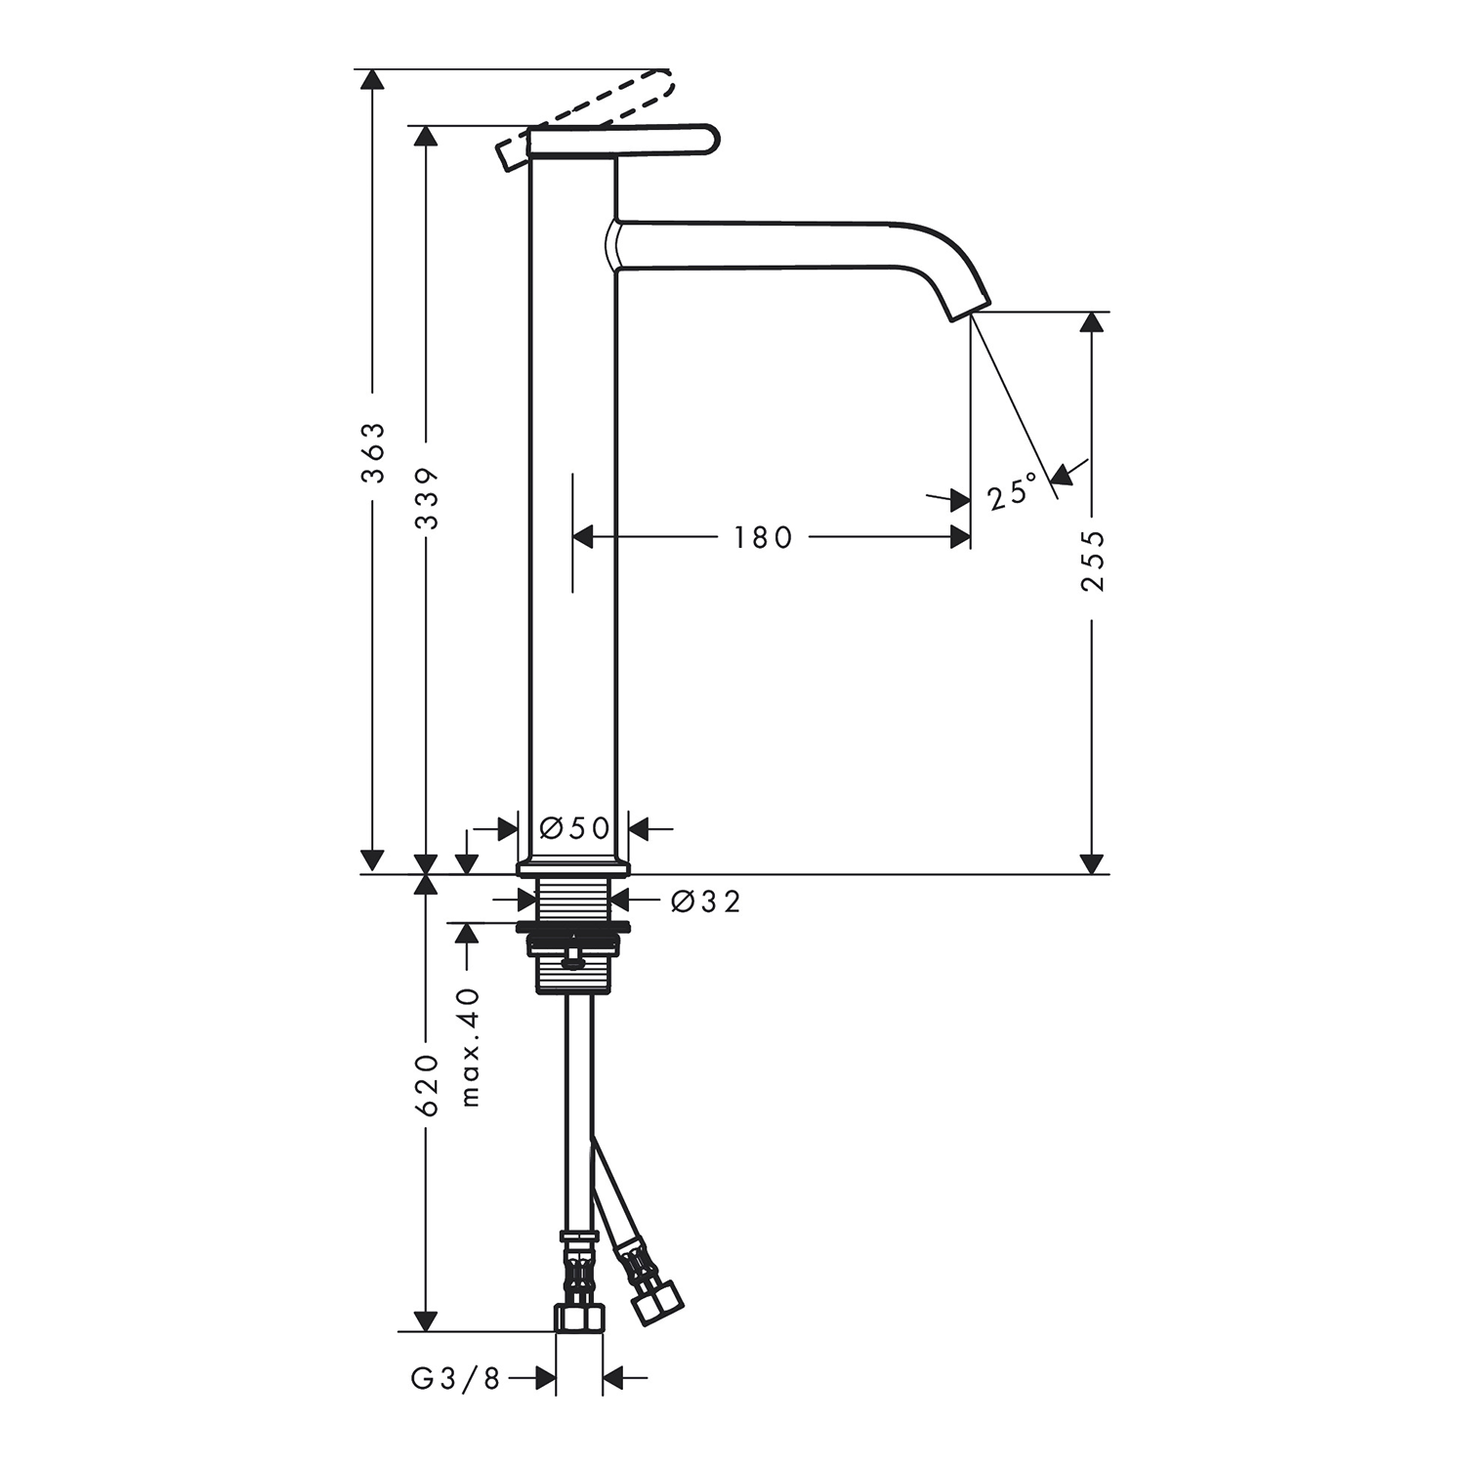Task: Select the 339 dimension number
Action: point(427,498)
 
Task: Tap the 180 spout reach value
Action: point(764,536)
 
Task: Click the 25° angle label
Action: point(1012,492)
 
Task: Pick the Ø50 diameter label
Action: point(575,828)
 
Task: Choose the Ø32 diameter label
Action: point(706,900)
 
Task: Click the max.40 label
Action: point(471,1047)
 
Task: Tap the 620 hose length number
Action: point(427,1085)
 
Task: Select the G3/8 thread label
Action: point(455,1378)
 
